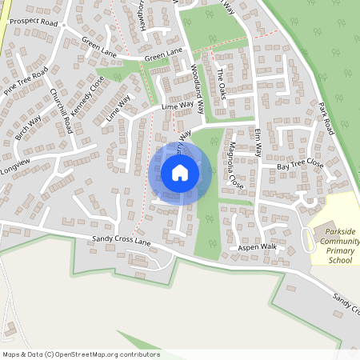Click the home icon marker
click(x=180, y=173)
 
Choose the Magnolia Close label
click(x=234, y=165)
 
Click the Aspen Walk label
click(x=257, y=247)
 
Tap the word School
click(x=340, y=260)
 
